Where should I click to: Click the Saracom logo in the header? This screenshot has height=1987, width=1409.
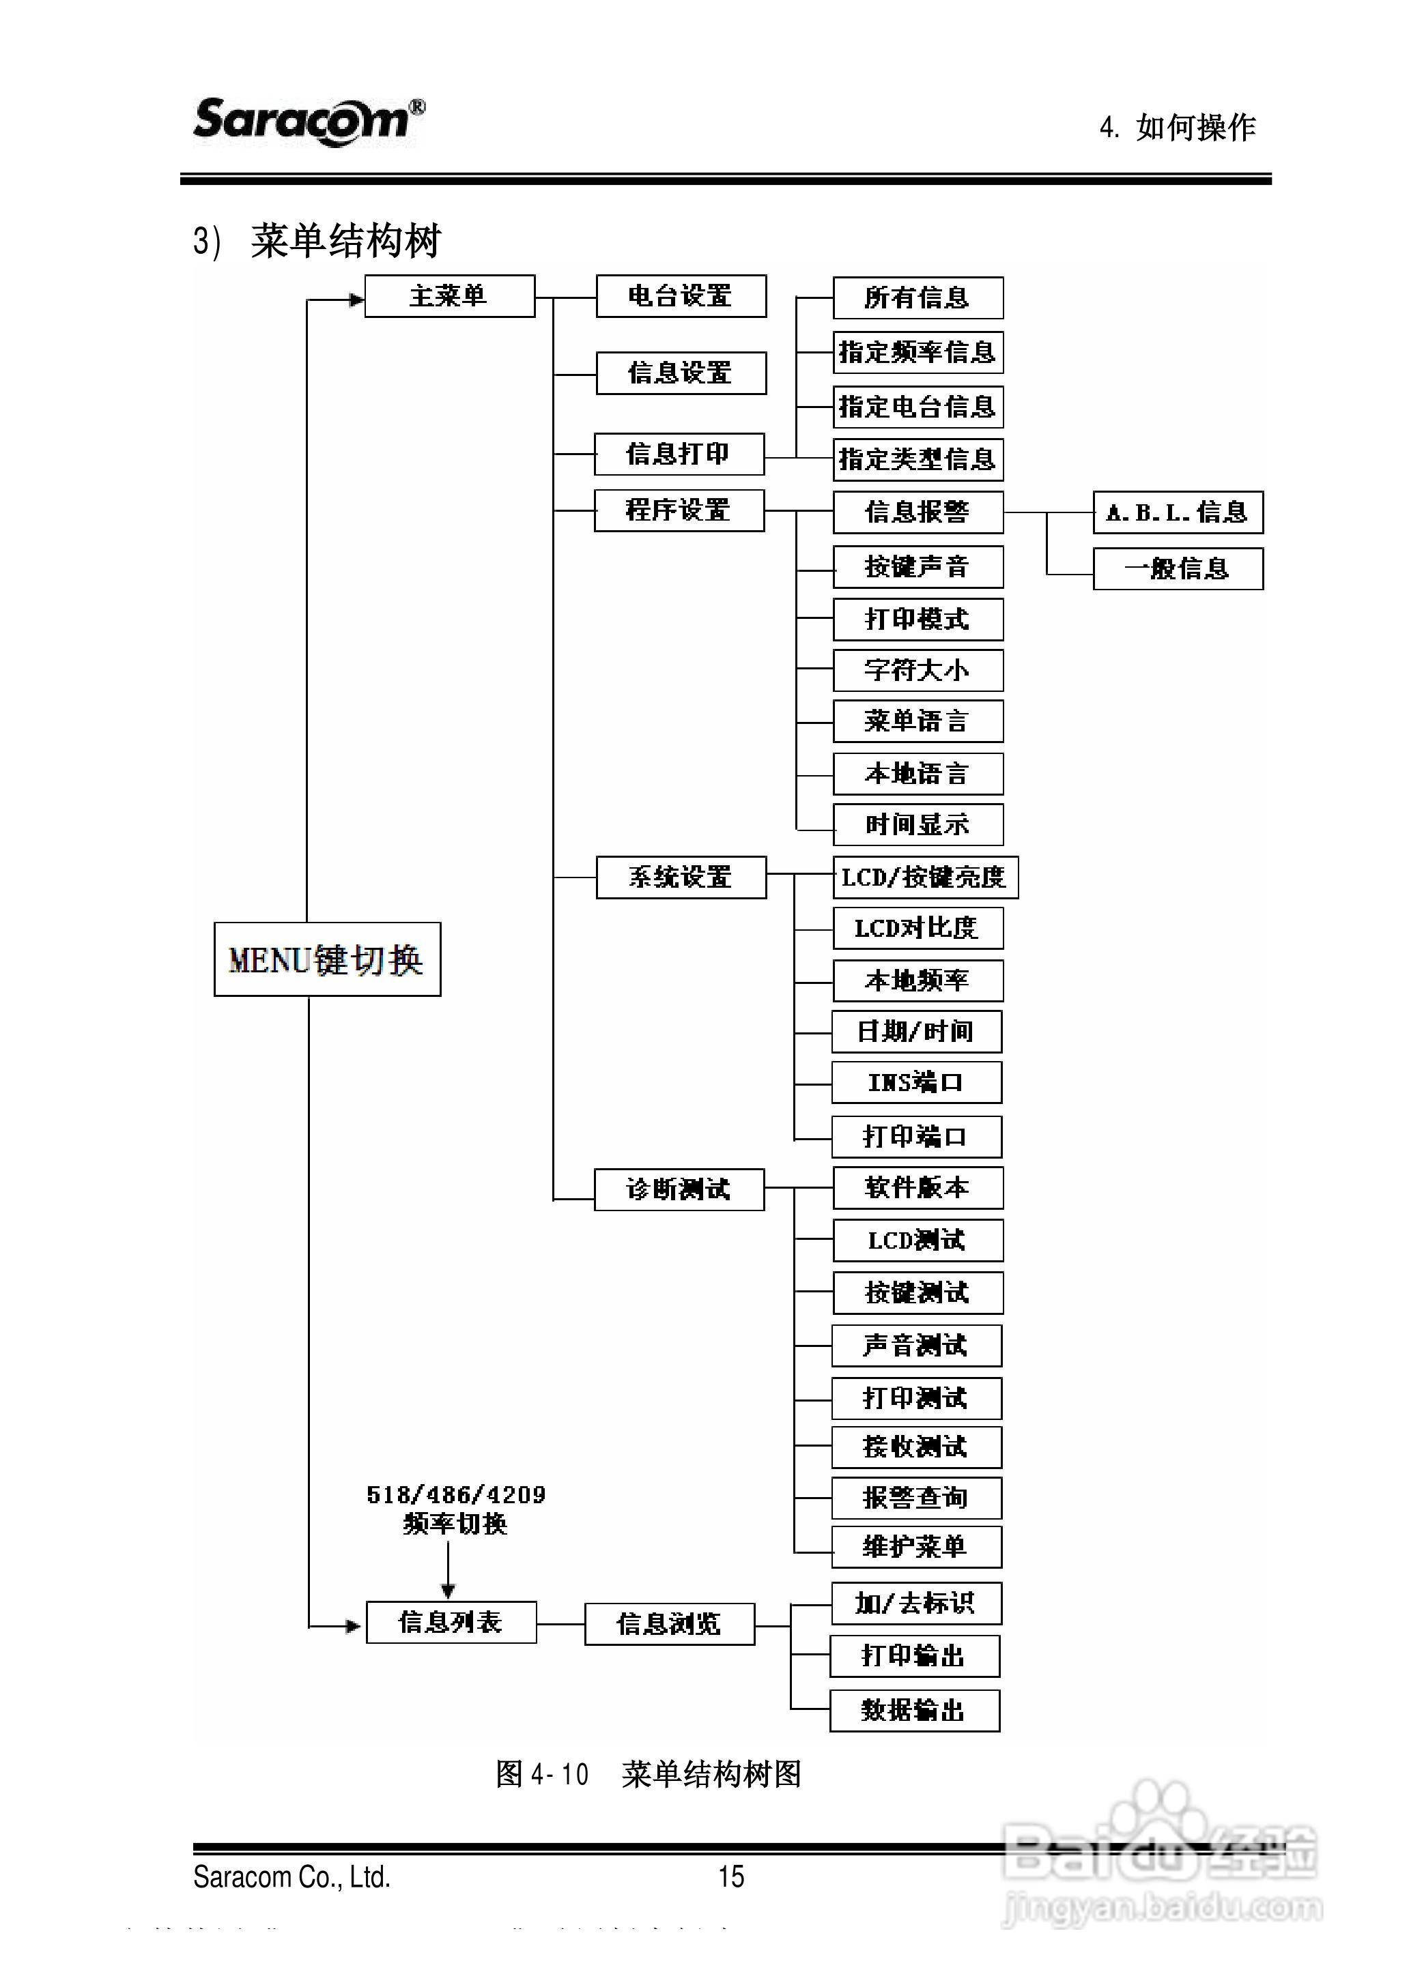coord(308,121)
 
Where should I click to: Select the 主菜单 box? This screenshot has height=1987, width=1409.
coord(449,297)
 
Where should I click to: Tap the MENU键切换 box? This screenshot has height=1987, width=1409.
coord(327,959)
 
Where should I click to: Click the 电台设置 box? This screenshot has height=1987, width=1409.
coord(681,297)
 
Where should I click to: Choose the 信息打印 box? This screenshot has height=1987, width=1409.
coord(679,454)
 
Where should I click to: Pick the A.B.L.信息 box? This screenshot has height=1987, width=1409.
coord(1178,512)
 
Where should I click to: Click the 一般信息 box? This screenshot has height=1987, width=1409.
coord(1178,569)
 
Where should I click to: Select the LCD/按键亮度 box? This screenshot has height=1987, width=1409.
coord(924,878)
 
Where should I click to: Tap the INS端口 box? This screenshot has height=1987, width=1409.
coord(916,1082)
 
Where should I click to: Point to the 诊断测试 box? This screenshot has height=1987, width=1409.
coord(679,1189)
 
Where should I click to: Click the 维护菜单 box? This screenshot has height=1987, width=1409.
coord(916,1548)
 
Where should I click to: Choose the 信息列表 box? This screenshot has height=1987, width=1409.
coord(451,1622)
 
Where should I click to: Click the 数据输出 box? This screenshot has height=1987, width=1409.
coord(915,1711)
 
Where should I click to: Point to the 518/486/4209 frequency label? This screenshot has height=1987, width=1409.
coord(455,1495)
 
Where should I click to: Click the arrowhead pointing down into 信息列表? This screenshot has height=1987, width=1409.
coord(448,1591)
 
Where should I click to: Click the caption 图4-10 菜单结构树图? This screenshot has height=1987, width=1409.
coord(647,1773)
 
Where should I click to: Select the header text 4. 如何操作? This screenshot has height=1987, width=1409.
coord(1178,128)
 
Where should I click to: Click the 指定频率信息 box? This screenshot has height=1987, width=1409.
coord(918,352)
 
